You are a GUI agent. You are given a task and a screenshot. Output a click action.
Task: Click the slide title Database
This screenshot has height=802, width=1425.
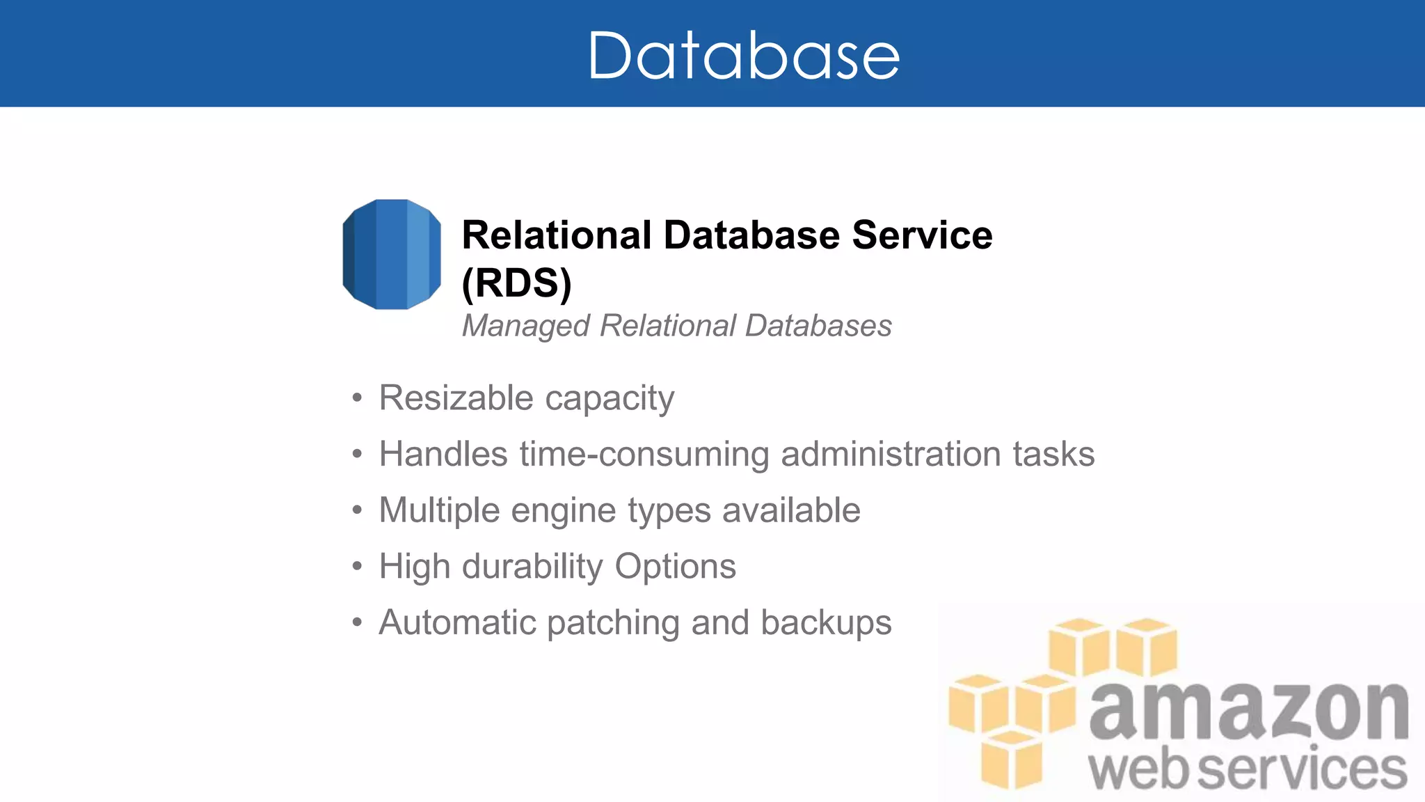(x=744, y=56)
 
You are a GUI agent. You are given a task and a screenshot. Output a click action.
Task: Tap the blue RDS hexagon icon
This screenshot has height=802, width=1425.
(x=392, y=254)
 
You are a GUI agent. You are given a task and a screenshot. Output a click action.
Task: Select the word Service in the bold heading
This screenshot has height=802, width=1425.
(x=922, y=235)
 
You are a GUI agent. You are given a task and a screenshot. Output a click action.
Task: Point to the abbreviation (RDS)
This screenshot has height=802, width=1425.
(x=516, y=283)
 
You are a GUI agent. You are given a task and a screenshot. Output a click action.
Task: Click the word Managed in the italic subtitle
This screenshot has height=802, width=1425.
(x=526, y=326)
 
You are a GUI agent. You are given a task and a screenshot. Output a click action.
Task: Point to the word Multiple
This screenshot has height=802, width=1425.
(x=439, y=510)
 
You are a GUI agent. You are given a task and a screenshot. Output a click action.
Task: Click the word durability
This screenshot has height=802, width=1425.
(x=532, y=567)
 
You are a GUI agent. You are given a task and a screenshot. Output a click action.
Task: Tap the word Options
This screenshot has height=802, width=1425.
(x=676, y=567)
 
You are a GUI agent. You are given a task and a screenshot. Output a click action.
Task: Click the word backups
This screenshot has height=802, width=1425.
(x=826, y=622)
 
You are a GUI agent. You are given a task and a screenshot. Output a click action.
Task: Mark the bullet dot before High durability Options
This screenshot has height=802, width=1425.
(x=357, y=566)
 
